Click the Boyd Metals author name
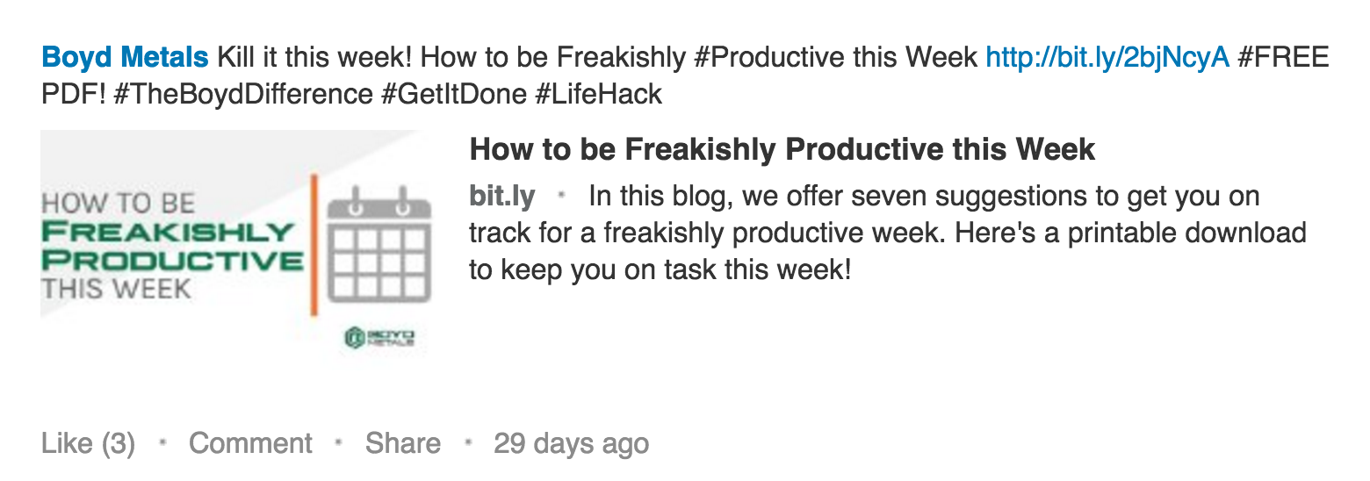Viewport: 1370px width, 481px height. [x=125, y=57]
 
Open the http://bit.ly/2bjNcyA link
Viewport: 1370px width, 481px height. [x=1107, y=58]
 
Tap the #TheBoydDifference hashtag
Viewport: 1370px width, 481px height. [x=242, y=95]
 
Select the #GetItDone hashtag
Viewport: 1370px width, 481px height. [x=454, y=95]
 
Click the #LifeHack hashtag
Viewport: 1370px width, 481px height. [x=598, y=95]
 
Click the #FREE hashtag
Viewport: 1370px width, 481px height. [x=1283, y=57]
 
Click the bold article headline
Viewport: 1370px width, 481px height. [x=782, y=150]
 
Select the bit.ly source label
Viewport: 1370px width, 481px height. [x=502, y=197]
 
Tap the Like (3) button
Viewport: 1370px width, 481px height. [x=88, y=444]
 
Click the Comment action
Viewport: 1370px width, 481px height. [x=250, y=443]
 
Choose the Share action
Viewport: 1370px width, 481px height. [x=402, y=443]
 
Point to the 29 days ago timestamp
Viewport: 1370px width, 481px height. [x=571, y=444]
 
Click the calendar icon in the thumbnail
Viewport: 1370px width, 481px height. [x=379, y=245]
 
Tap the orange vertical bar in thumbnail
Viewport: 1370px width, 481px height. [x=314, y=245]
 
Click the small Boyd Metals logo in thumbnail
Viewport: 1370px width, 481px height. [x=379, y=337]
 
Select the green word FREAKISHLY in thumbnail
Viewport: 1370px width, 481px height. [x=169, y=232]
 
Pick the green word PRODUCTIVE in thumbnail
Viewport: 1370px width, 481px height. [x=172, y=261]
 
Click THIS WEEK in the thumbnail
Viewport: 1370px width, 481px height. [x=116, y=289]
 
